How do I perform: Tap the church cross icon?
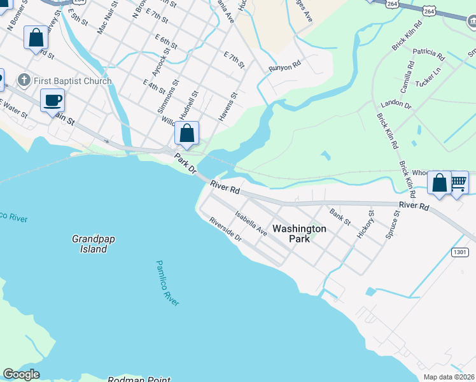[x=24, y=80]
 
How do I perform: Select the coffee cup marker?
[x=53, y=100]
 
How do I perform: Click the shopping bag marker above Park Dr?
[x=186, y=134]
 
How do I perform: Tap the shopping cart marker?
[x=458, y=183]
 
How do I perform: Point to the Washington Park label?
[x=299, y=234]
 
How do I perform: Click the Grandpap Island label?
[x=89, y=244]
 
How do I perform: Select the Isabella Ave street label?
[x=250, y=223]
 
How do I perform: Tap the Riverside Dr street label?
[x=226, y=229]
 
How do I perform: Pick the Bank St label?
[x=340, y=216]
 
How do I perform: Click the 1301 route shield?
[x=461, y=252]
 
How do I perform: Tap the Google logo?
[x=22, y=374]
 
